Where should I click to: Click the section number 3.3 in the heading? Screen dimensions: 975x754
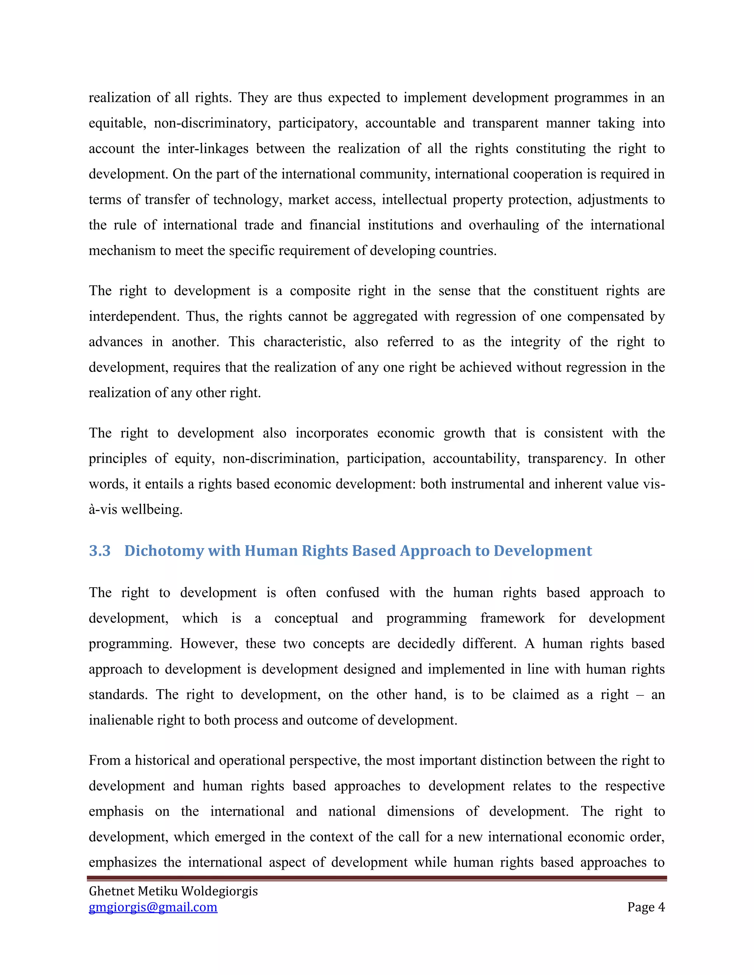(x=100, y=550)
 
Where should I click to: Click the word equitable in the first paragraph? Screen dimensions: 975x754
(x=117, y=123)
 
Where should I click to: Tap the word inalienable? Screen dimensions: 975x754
(x=117, y=720)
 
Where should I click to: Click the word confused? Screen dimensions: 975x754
(x=352, y=593)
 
